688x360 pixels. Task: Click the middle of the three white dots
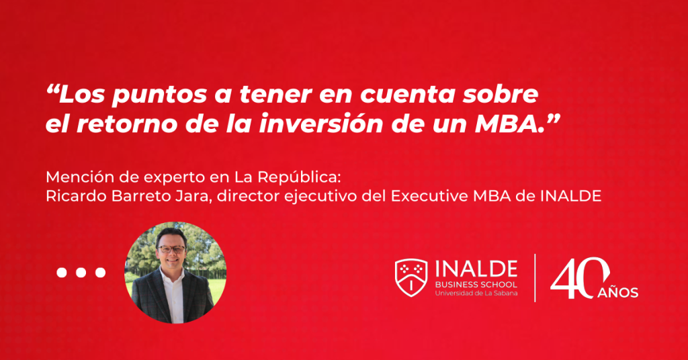click(81, 273)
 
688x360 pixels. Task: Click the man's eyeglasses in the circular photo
click(172, 249)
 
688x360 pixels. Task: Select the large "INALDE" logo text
click(476, 270)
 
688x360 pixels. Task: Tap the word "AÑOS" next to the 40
click(617, 292)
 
